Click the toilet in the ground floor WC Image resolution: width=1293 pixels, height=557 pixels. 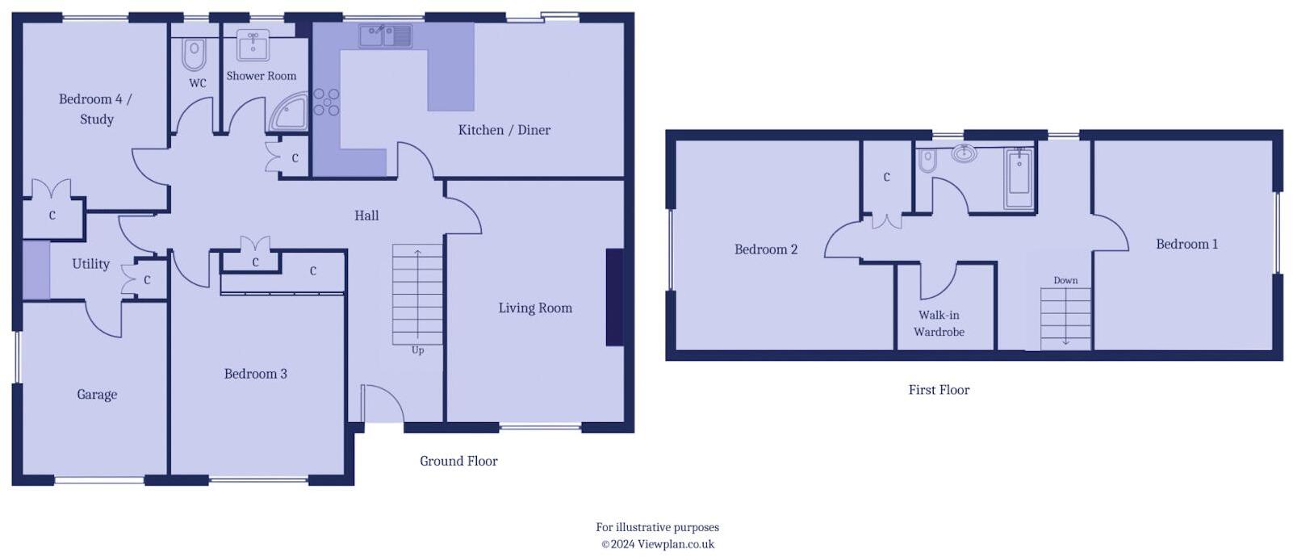tap(194, 55)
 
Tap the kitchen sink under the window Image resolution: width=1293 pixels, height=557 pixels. tap(386, 35)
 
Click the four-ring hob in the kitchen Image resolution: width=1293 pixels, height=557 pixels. tap(326, 102)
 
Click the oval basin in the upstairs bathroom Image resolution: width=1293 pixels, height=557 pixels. tap(964, 153)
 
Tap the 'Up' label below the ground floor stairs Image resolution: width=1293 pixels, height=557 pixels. tap(417, 350)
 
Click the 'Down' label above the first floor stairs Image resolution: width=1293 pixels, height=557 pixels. tap(1065, 280)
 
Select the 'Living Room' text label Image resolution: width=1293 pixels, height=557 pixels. tap(535, 308)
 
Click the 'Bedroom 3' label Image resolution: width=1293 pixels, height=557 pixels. tap(255, 374)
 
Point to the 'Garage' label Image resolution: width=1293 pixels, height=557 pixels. tap(97, 395)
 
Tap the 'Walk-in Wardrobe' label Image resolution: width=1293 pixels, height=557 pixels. tap(939, 324)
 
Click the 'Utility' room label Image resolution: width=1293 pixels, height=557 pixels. tap(90, 264)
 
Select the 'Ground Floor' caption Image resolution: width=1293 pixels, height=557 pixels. tap(458, 461)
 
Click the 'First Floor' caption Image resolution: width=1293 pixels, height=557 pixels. tap(939, 390)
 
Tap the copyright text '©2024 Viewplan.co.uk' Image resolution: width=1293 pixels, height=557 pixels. tap(657, 544)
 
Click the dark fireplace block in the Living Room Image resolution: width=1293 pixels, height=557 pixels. tap(614, 297)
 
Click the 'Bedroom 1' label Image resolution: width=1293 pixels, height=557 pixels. tap(1186, 244)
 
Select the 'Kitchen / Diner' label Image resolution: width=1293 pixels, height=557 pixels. tap(504, 130)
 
